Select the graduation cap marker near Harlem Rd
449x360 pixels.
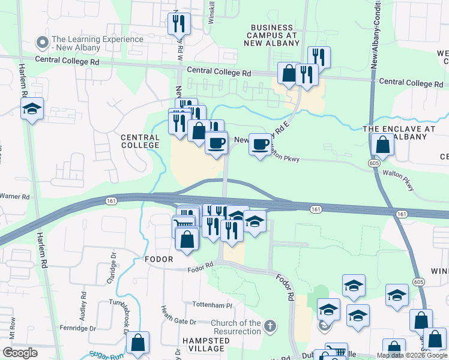click(32, 109)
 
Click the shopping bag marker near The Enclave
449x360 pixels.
click(382, 145)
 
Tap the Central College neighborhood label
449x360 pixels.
click(140, 142)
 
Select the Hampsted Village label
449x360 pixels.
click(205, 344)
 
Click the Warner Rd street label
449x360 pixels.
click(14, 196)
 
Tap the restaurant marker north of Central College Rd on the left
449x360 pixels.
click(179, 23)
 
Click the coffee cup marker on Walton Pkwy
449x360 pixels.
click(260, 144)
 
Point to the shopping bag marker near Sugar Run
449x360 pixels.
click(138, 343)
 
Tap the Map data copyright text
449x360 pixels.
click(412, 355)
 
